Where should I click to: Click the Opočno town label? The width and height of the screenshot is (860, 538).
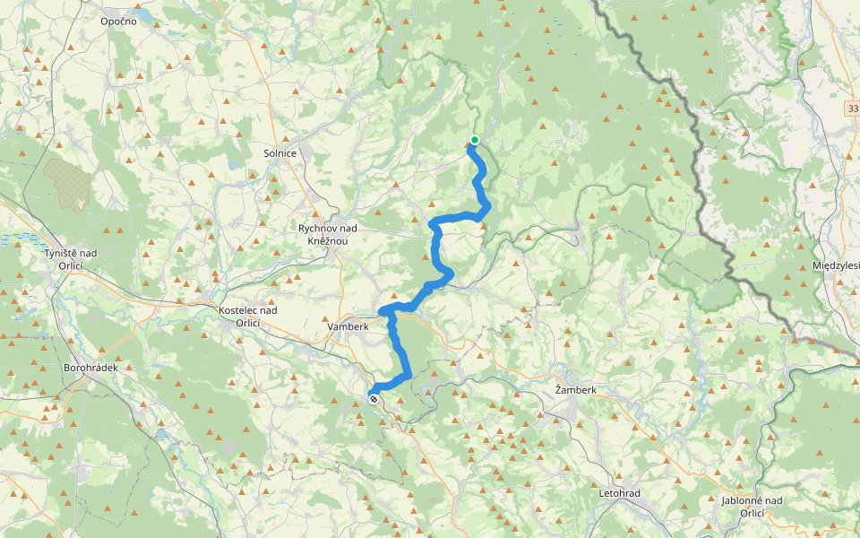118,21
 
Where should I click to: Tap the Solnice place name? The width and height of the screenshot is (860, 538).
279,153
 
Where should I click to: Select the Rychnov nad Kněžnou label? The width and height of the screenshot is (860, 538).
328,235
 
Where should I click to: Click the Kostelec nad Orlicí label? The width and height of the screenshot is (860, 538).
248,316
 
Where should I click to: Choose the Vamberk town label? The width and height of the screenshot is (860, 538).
348,326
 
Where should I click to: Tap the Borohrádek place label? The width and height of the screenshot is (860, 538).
91,368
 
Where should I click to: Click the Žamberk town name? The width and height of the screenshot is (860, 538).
575,390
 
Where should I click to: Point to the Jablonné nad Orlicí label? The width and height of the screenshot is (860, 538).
752,507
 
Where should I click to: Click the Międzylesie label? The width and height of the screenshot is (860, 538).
835,265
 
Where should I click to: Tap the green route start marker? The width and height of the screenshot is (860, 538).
474,140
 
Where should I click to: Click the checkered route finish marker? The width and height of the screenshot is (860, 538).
373,398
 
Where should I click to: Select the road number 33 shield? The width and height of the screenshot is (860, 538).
851,108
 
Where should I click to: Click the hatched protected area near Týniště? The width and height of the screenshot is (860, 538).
68,184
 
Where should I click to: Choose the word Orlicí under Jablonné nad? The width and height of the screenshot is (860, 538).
752,513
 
